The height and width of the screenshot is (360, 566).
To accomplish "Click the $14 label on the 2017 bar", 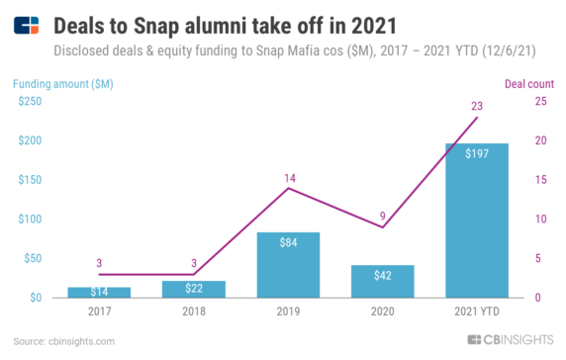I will tap(99, 292).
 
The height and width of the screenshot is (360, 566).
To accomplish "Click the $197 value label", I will tap(477, 153).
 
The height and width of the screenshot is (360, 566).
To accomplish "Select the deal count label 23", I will tap(477, 106).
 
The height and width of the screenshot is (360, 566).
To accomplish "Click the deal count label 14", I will tap(289, 177).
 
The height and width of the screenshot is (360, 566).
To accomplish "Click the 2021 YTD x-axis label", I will tap(477, 312).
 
